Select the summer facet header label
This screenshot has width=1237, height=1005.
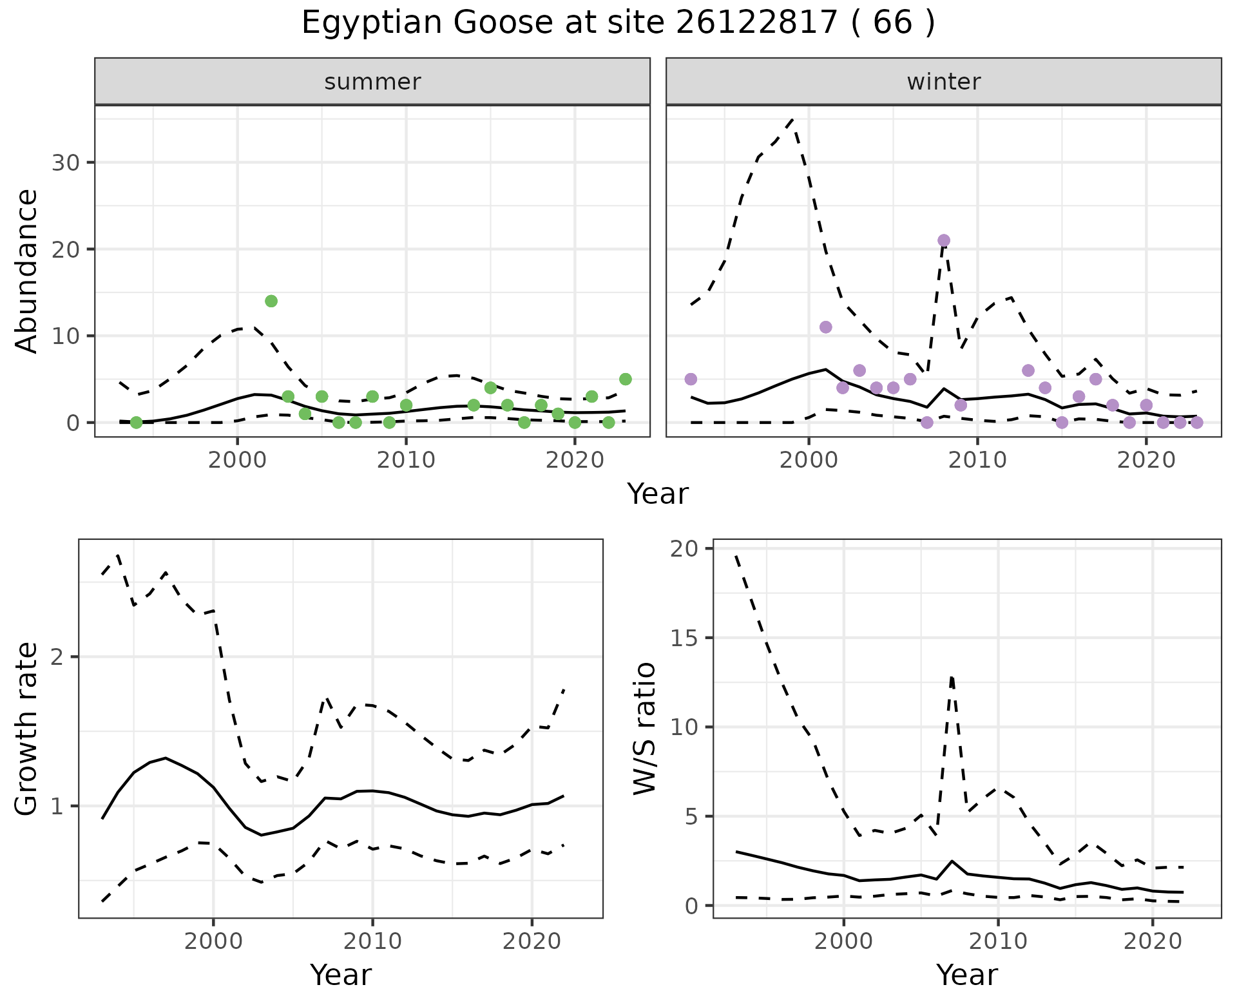point(372,82)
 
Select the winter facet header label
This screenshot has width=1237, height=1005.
point(944,82)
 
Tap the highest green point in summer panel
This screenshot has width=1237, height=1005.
point(271,301)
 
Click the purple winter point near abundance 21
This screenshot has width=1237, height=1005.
point(944,240)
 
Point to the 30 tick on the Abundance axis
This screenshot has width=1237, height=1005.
point(64,162)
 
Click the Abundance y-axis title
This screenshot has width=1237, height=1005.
point(27,271)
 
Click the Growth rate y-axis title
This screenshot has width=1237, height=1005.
point(27,729)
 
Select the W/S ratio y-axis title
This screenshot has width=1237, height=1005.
point(644,729)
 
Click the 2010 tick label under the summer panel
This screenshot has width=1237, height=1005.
point(406,460)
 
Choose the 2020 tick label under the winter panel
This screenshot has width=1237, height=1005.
point(1146,460)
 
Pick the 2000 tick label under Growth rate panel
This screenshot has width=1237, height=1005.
point(213,941)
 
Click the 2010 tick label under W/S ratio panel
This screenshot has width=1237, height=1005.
point(998,941)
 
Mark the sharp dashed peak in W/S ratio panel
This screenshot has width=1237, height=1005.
point(952,676)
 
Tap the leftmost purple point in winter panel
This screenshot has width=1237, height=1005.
point(691,379)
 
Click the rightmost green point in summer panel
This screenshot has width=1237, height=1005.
point(625,379)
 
